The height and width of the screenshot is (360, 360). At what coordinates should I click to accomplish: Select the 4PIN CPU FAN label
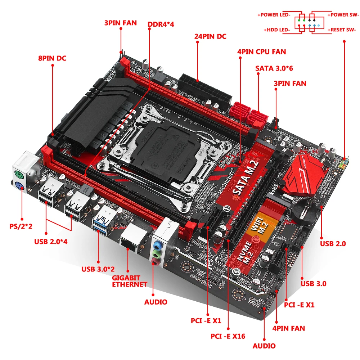261,52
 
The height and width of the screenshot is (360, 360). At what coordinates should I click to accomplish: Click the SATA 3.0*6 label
275,68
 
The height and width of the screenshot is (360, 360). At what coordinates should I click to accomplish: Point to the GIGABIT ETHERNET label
130,281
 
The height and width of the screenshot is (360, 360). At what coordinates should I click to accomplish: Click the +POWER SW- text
343,15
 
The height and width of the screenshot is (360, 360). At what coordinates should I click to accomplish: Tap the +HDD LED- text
276,30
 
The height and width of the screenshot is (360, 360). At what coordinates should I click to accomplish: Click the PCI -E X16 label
228,337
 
